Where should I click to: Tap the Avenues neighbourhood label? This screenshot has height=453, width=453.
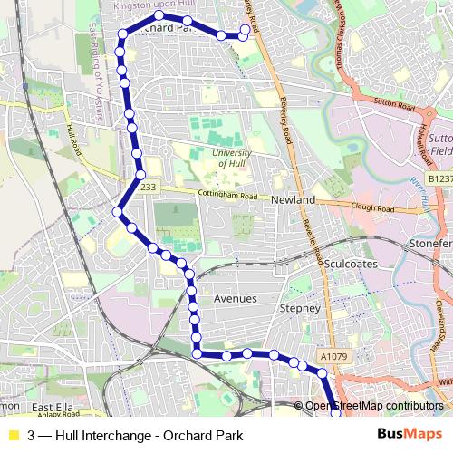point(235,298)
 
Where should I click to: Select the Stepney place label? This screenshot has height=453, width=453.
point(301,308)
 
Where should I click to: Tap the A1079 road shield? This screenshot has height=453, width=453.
point(333,357)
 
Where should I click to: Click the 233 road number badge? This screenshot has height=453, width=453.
point(148,186)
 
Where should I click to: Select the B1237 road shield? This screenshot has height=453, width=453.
point(440,178)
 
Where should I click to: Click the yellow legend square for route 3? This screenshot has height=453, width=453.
point(13,435)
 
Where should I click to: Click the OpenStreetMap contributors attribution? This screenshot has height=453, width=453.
point(373,405)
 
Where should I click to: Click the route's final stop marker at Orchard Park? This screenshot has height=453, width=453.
point(245,29)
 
